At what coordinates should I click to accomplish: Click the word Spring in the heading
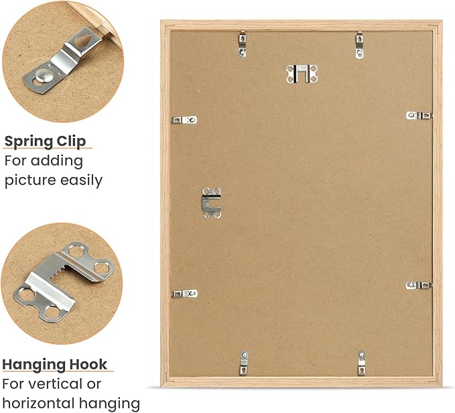pos(29,141)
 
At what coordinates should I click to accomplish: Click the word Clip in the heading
pos(72,141)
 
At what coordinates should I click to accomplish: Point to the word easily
pos(82,180)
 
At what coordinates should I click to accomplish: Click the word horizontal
pos(38,403)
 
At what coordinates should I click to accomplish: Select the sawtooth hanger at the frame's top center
pos(302,74)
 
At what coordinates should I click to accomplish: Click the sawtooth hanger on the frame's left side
pos(211,203)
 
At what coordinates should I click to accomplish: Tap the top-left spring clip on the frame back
pos(243,44)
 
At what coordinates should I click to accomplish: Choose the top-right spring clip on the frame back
pos(360,45)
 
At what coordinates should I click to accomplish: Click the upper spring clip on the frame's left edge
pos(184,120)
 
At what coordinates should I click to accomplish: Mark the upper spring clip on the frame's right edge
pos(419,115)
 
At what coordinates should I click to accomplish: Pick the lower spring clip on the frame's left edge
pos(185,294)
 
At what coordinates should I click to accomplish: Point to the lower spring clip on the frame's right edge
pos(418,286)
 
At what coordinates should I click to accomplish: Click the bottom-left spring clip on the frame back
pos(244,363)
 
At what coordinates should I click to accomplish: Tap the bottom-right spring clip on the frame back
pos(361,363)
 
